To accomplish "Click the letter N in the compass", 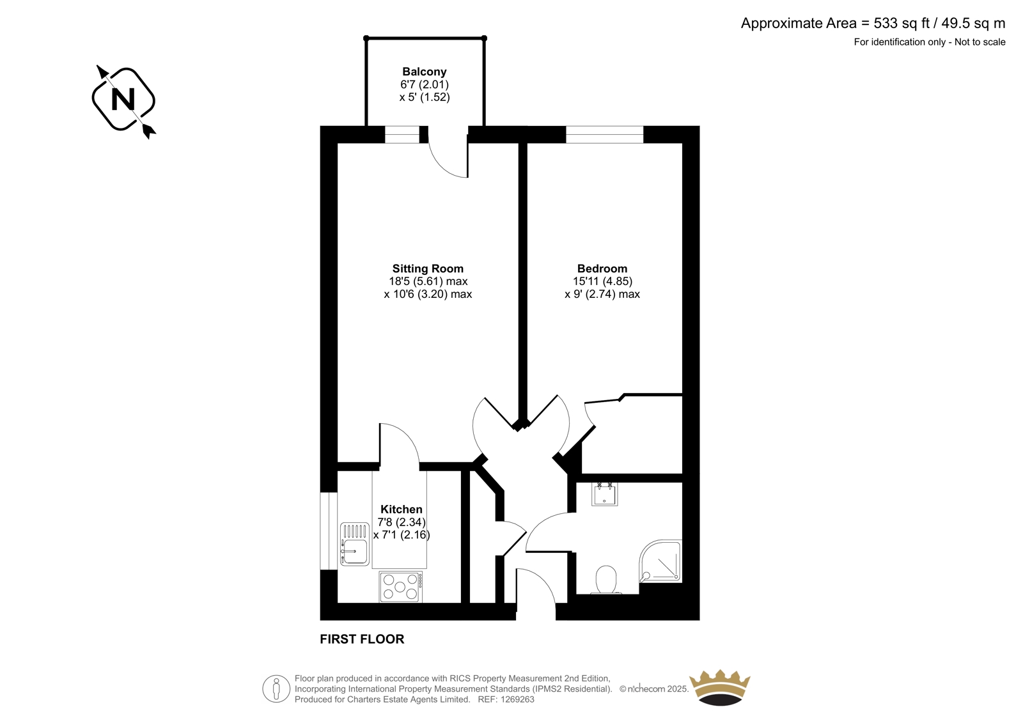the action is click(123, 100).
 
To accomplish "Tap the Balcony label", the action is click(425, 72).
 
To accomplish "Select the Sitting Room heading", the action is click(428, 268).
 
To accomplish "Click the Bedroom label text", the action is click(602, 268).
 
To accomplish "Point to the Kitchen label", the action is click(402, 509).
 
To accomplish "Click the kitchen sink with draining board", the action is click(354, 544).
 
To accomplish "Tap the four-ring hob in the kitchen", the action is click(400, 587).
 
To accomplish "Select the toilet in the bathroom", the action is click(606, 580).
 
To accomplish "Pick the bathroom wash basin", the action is click(605, 494).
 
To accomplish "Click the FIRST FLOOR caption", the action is click(362, 639).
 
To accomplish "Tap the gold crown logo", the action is click(720, 688).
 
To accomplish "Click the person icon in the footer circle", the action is click(276, 688).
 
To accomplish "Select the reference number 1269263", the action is click(517, 699).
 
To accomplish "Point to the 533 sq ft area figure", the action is click(902, 23).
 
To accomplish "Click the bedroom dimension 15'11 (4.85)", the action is click(602, 281).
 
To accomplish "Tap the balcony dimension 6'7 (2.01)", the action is click(425, 84).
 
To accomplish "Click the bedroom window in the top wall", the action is click(605, 135).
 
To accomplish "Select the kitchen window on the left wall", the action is click(329, 531).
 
